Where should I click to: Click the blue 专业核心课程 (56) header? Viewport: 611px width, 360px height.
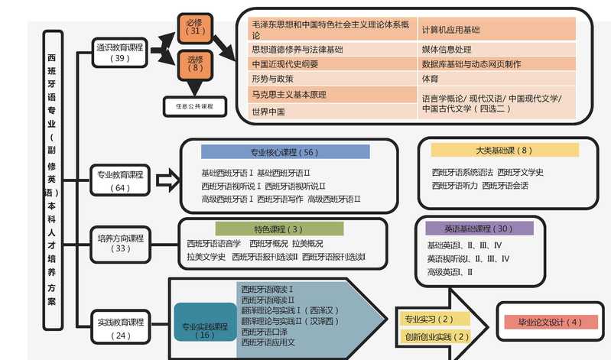pyautogui.click(x=285, y=151)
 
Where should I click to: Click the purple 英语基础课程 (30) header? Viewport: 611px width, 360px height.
pyautogui.click(x=479, y=229)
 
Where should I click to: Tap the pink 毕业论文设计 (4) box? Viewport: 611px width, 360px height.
pyautogui.click(x=550, y=322)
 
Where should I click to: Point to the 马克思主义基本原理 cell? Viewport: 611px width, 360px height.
pyautogui.click(x=333, y=95)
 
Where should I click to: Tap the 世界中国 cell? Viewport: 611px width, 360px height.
pyautogui.click(x=333, y=112)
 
